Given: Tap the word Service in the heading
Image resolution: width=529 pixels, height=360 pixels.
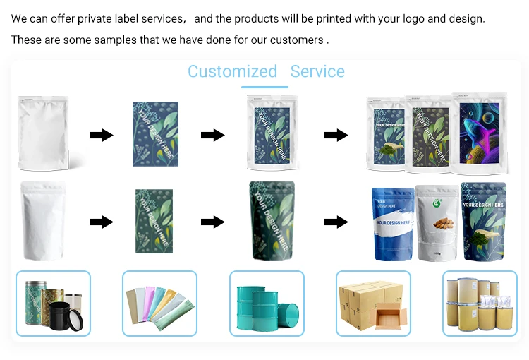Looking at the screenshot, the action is [x=317, y=71].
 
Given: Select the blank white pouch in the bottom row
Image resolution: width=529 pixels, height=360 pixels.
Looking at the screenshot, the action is [x=43, y=221].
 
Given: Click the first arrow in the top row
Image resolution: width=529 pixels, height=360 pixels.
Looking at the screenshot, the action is [x=102, y=135].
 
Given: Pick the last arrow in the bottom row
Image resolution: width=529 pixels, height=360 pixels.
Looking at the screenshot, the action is [x=336, y=222].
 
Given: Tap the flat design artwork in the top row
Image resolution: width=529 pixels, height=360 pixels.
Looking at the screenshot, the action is [x=155, y=134].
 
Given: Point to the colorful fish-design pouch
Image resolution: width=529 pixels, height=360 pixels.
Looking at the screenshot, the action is [x=479, y=134].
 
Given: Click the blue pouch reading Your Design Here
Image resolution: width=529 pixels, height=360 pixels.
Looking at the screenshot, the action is [x=392, y=222].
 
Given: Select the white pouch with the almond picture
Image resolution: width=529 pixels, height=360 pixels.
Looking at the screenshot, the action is [x=437, y=222].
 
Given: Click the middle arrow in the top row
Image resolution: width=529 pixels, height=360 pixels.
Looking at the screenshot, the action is [x=213, y=135].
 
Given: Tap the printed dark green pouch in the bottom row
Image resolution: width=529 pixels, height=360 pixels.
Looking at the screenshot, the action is [x=272, y=221].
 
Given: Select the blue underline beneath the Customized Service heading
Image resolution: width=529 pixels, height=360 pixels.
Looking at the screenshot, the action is [x=264, y=87].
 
